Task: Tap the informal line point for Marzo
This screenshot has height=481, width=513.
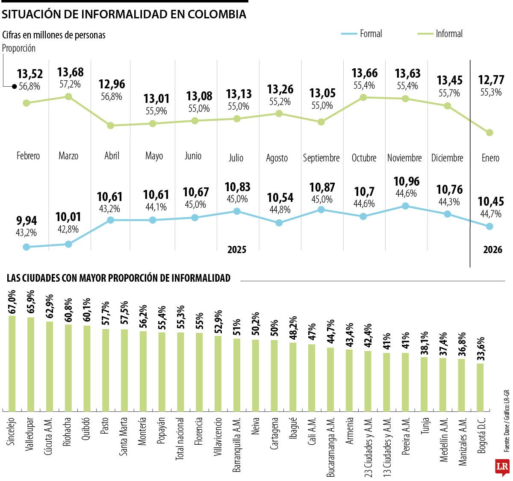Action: coord(68,96)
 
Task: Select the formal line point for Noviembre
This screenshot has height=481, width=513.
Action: coord(405,206)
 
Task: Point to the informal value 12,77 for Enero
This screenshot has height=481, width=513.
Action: coord(491,80)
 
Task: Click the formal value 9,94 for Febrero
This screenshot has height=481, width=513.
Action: coord(27,221)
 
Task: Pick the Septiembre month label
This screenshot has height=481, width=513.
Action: coord(321,158)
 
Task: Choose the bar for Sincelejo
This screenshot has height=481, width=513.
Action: coord(12,363)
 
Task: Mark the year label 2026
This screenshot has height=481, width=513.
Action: coord(492,250)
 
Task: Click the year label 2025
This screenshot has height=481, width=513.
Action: coord(237,250)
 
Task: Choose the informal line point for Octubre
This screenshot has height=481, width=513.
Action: coord(363,97)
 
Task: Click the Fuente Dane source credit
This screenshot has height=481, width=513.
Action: coord(506,431)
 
